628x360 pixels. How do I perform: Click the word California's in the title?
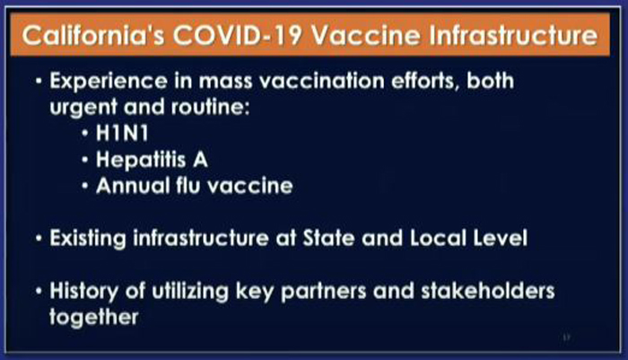(93, 35)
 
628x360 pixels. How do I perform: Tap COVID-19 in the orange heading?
(237, 35)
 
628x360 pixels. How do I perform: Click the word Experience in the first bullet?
(109, 82)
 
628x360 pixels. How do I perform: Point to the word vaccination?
(322, 81)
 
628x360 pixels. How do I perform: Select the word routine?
(211, 107)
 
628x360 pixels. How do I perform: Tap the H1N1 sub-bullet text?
(122, 133)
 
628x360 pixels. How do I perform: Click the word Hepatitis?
(141, 161)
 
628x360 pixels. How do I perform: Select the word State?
(328, 238)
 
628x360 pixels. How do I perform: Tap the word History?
(83, 292)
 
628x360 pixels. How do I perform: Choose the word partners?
(324, 292)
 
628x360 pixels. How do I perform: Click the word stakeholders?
(488, 291)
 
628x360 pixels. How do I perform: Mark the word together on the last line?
(93, 318)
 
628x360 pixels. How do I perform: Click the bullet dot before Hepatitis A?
(84, 161)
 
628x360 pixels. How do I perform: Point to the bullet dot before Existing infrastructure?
(39, 239)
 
